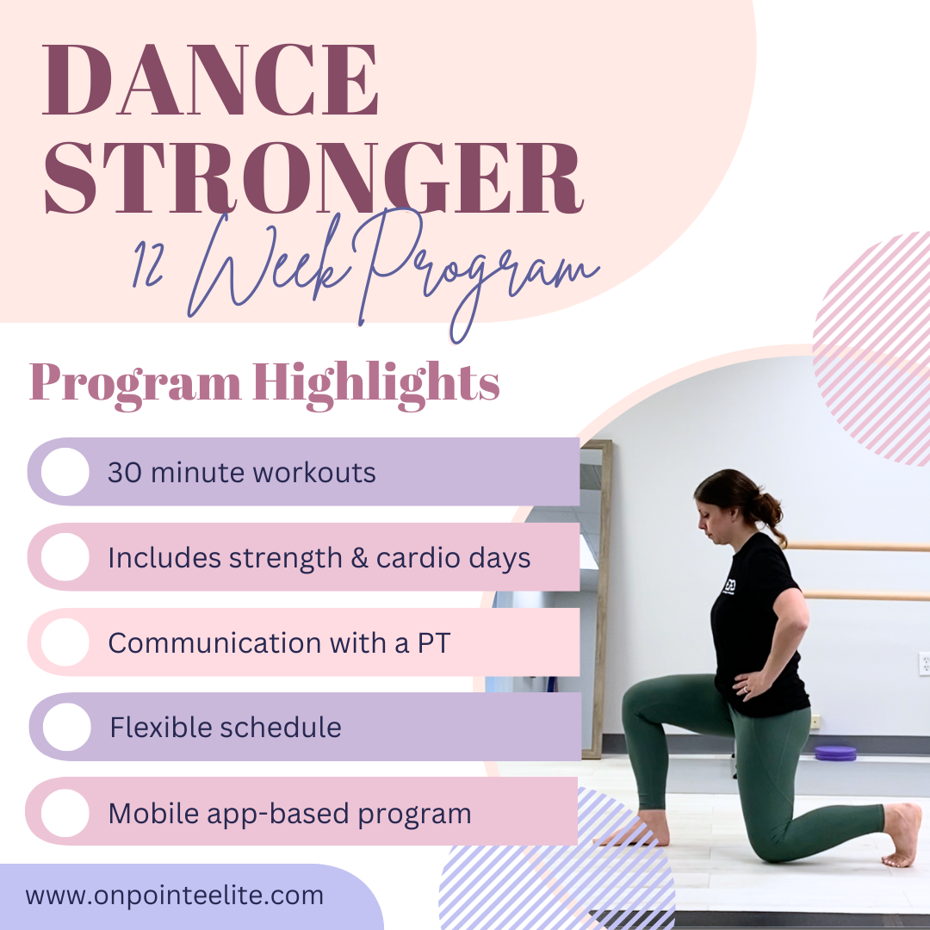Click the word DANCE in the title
(211, 79)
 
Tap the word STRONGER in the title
(313, 177)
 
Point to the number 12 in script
(148, 264)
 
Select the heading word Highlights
(376, 382)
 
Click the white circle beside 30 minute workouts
(65, 472)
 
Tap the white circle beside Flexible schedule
(66, 727)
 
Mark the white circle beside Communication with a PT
(65, 642)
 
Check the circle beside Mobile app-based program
(65, 813)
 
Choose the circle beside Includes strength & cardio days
(65, 557)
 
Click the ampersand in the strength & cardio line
(359, 558)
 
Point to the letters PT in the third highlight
(434, 643)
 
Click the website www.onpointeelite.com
(174, 896)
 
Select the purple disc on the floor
(835, 753)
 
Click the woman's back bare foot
(901, 834)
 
